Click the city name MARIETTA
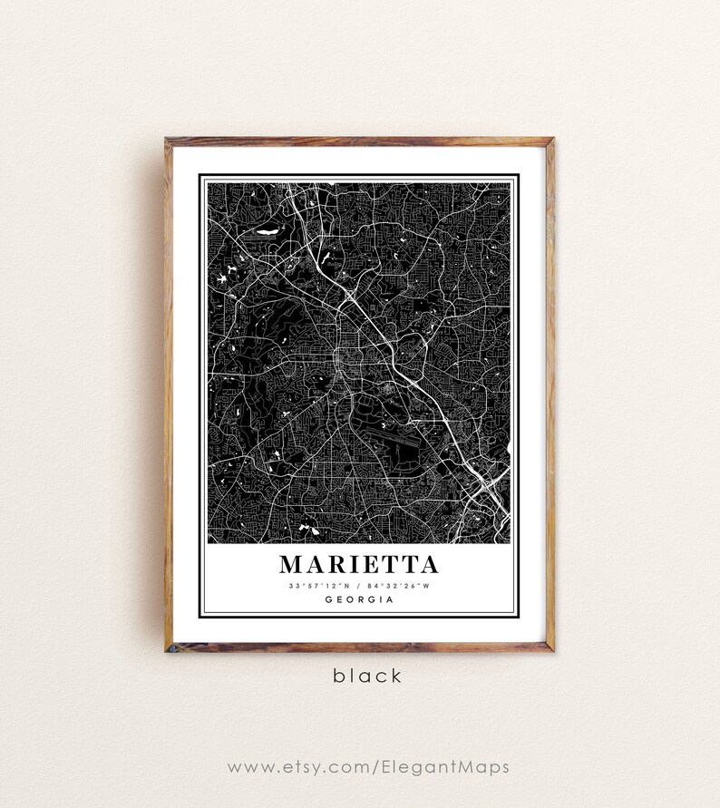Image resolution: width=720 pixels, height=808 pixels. pyautogui.click(x=359, y=564)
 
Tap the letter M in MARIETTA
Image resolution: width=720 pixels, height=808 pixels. pyautogui.click(x=292, y=564)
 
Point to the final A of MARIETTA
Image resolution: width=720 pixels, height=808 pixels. pyautogui.click(x=427, y=564)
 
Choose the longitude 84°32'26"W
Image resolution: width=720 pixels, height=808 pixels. pyautogui.click(x=398, y=586)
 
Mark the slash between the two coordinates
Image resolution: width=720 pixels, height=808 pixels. pyautogui.click(x=360, y=586)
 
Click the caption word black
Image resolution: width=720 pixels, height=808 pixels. pyautogui.click(x=366, y=676)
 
